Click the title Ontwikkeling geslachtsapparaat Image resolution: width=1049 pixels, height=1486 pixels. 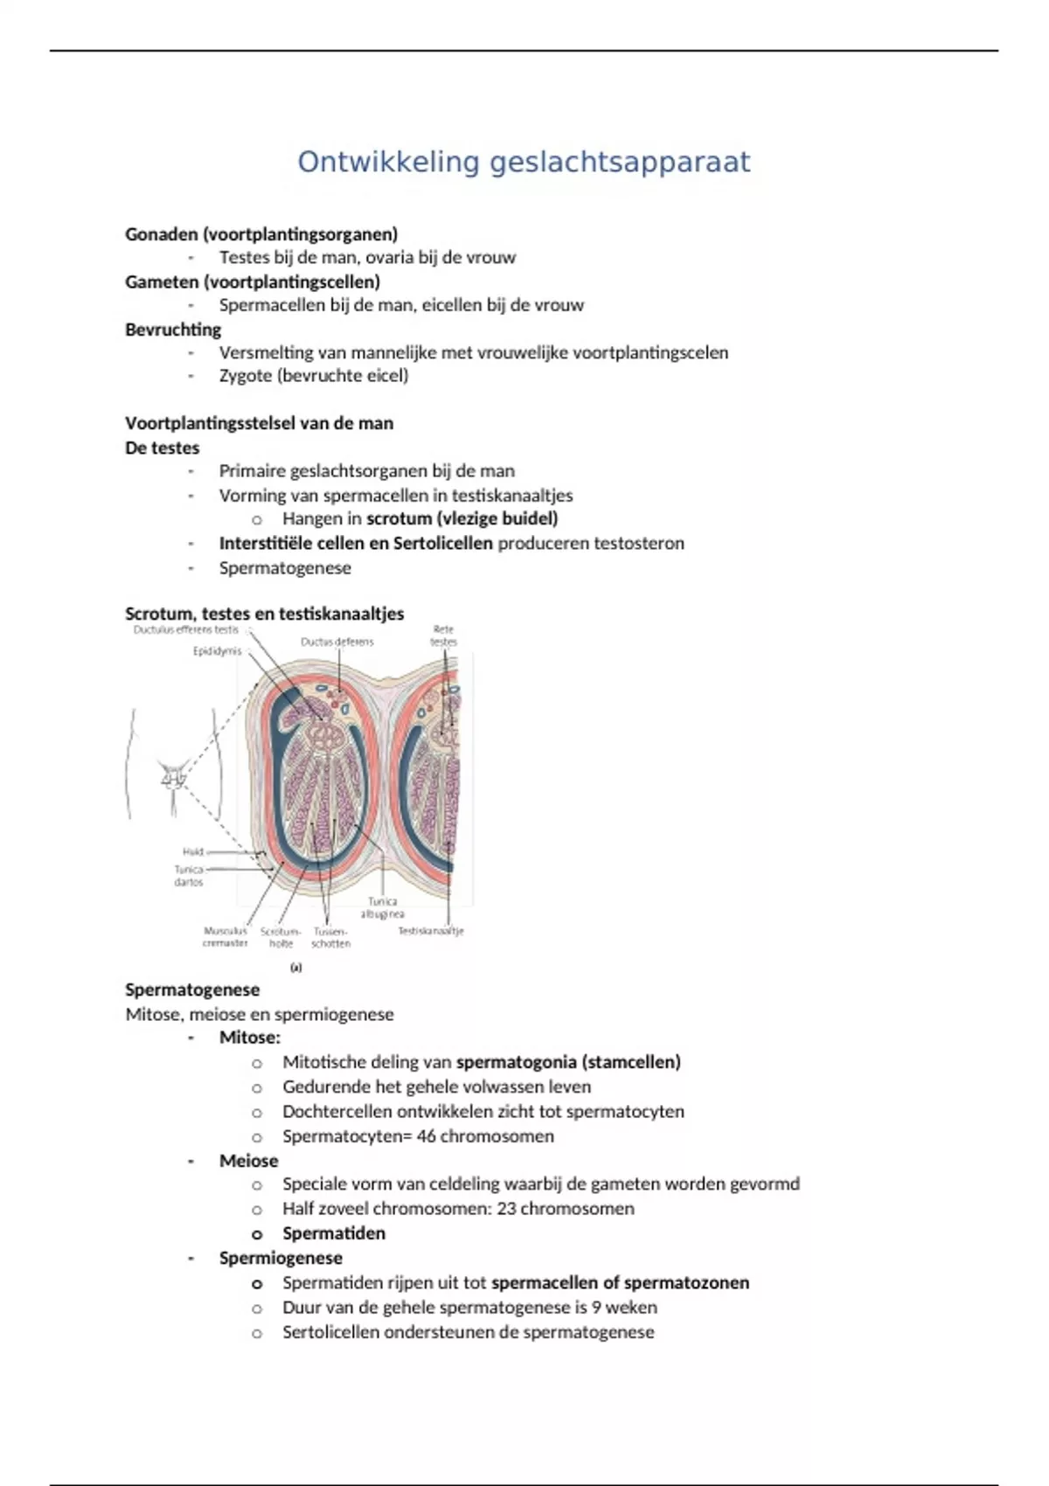pos(524,163)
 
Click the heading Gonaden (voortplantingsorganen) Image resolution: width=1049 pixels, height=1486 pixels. pos(261,234)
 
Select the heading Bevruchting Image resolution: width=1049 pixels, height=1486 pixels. pos(173,330)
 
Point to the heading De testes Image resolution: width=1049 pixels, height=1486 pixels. pos(163,448)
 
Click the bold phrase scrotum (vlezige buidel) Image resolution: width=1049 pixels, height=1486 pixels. pos(462,518)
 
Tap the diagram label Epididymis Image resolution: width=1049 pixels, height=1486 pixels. pos(217,651)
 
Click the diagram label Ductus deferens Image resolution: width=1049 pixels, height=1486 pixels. pos(337,642)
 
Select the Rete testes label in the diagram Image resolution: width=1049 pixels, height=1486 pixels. pos(443,635)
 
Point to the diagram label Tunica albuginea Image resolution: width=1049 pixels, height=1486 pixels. pos(382,907)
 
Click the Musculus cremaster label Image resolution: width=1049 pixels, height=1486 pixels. pos(226,937)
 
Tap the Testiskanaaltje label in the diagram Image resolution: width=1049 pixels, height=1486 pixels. pos(431,931)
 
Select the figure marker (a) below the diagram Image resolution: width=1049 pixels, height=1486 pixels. pos(296,968)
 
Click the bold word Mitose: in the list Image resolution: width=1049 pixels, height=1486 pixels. pos(250,1038)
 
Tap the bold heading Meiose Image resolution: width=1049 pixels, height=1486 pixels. pos(248,1161)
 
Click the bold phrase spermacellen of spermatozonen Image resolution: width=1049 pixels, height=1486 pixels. pos(620,1282)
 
